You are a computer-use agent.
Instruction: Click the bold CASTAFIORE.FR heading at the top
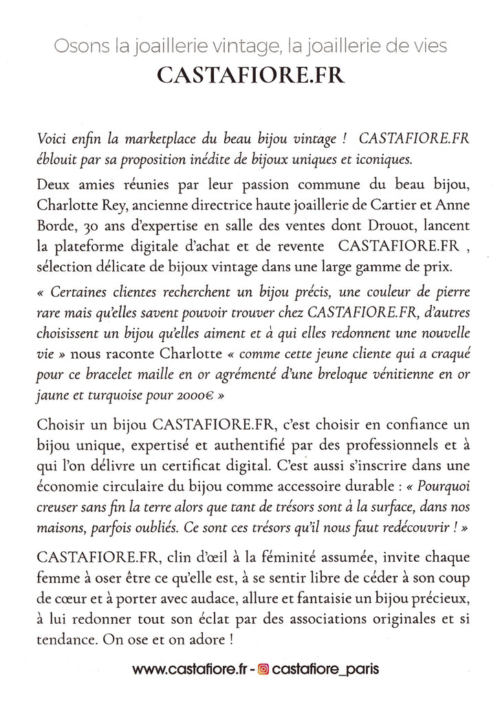coord(250,75)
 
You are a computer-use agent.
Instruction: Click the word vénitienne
coord(391,377)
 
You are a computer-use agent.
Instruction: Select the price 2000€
coord(201,397)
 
